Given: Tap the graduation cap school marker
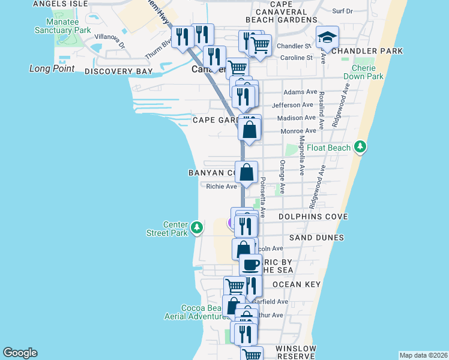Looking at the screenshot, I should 327,38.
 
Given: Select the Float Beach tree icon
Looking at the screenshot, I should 360,147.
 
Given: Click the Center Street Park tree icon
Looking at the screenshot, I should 197,228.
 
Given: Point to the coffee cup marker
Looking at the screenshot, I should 250,265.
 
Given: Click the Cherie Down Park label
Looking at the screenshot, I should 363,72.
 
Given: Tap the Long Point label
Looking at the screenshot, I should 52,69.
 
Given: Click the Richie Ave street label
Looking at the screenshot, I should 221,187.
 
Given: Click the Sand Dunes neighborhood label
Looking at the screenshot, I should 317,238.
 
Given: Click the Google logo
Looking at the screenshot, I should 20,353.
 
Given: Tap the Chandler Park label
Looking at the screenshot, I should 367,51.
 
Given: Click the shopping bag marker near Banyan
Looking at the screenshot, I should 246,173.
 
